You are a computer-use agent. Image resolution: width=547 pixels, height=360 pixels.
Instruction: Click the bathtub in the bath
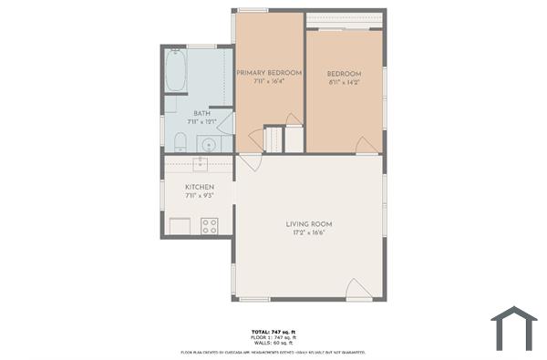coord(176,71)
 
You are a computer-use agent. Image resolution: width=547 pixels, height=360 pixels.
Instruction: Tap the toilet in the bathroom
coord(180,141)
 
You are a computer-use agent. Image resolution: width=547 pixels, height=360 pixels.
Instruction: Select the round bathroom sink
coord(208,143)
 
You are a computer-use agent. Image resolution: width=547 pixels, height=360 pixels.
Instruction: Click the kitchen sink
coord(200,164)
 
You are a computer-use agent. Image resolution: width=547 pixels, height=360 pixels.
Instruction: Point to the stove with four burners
coord(209,225)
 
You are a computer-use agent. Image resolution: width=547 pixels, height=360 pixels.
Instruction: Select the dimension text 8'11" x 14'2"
coord(344,82)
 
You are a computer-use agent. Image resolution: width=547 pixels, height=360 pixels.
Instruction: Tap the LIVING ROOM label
coord(309,223)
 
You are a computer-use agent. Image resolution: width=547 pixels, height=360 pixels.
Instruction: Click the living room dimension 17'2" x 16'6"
coord(309,232)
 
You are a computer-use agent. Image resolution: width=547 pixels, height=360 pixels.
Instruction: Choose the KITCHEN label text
coord(199,187)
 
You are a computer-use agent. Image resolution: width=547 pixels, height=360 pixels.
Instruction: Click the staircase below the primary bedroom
coord(273,139)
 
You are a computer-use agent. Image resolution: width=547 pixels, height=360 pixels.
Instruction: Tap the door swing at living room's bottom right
coord(359,291)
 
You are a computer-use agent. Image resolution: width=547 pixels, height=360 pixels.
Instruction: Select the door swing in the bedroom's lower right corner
coord(367,145)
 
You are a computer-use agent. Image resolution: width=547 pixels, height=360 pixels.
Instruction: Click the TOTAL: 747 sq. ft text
coord(273,331)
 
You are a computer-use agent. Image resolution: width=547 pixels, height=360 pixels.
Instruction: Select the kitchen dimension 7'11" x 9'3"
coord(199,196)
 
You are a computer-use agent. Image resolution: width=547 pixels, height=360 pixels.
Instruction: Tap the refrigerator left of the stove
coord(180,226)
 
